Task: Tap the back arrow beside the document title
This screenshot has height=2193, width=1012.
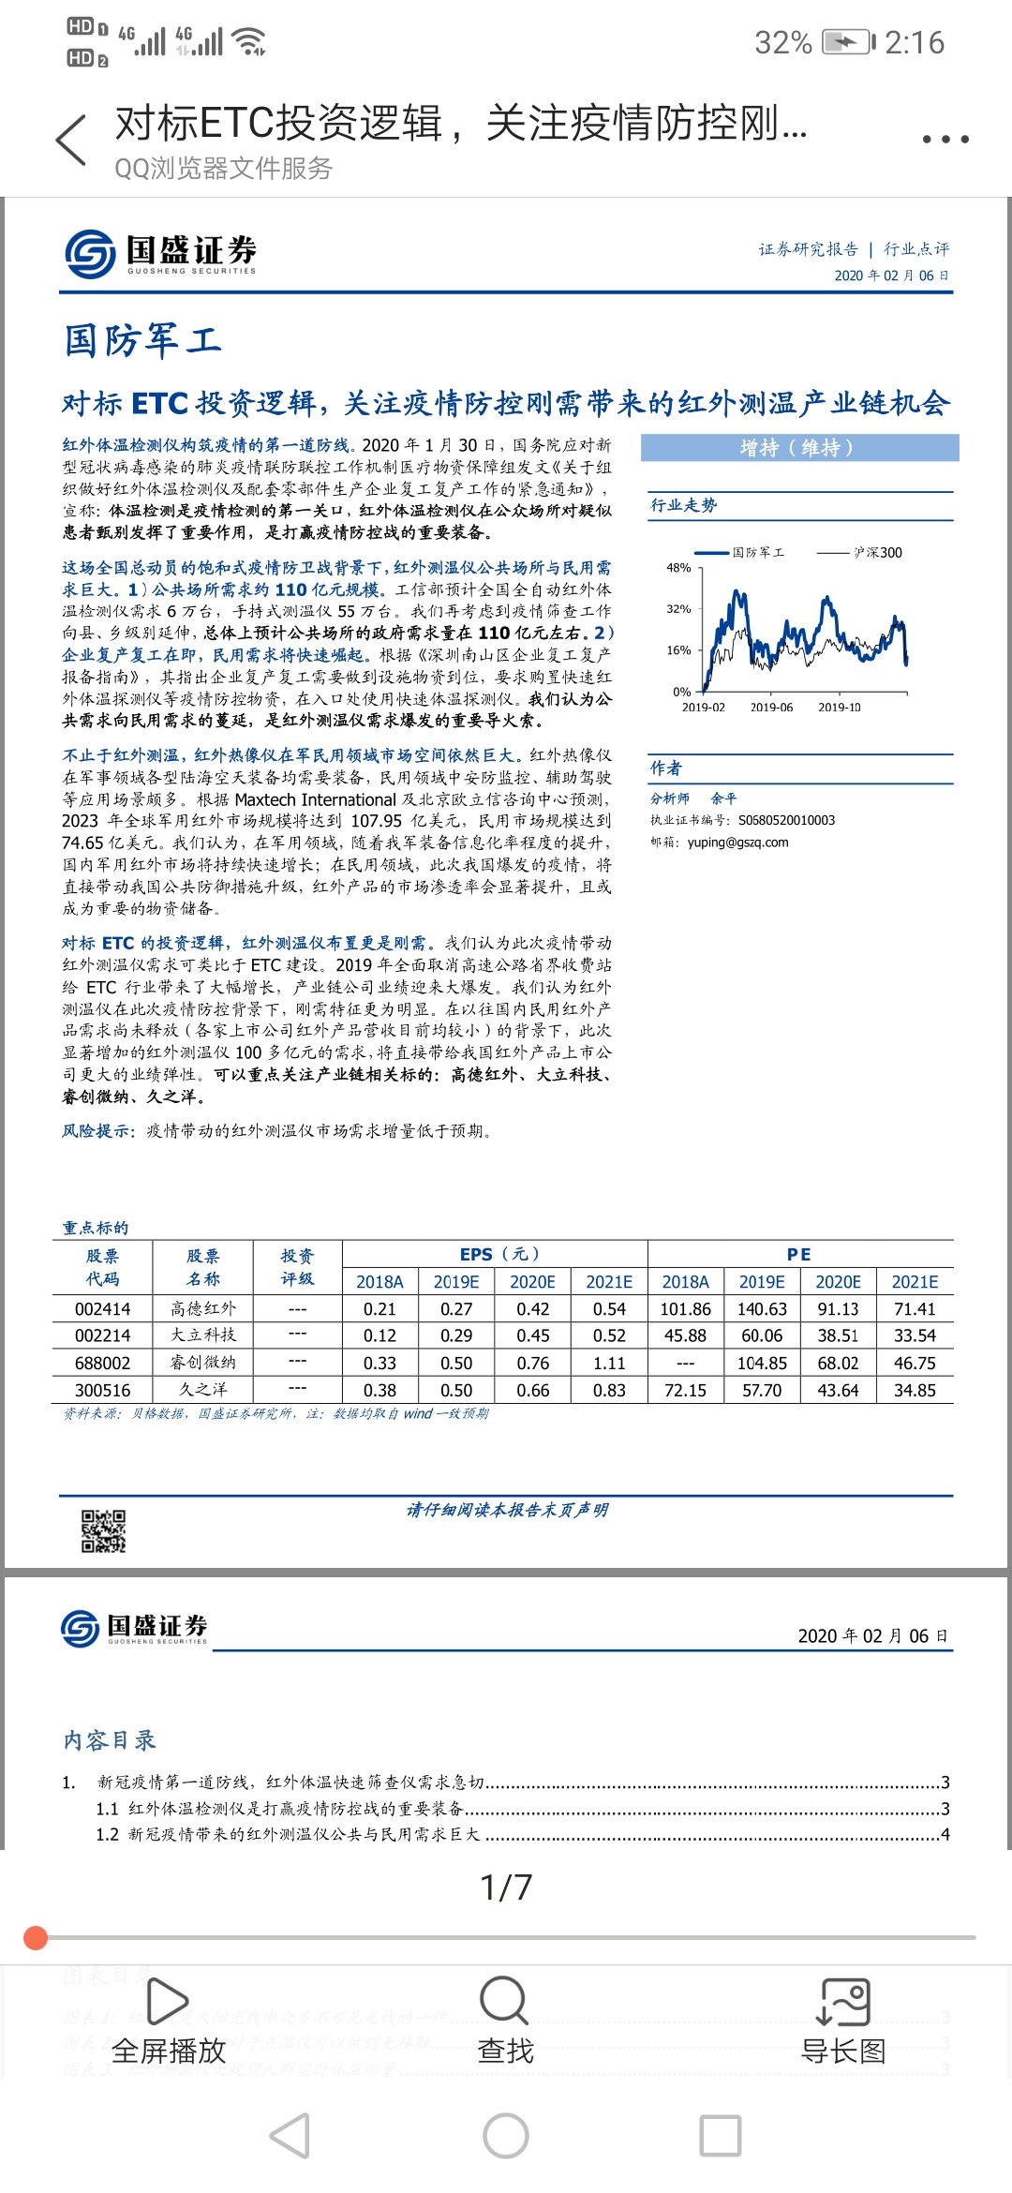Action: (71, 141)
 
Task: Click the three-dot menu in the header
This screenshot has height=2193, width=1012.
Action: (945, 139)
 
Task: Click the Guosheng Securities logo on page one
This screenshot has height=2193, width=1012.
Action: (160, 253)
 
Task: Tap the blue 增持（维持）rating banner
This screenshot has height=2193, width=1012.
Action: (799, 448)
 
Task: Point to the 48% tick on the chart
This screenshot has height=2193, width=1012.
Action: (678, 568)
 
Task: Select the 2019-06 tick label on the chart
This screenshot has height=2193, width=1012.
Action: (771, 708)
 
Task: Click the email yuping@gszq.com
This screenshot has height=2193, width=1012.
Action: (737, 843)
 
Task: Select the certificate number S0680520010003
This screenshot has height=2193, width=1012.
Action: (786, 820)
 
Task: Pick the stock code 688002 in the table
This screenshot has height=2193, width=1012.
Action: (103, 1363)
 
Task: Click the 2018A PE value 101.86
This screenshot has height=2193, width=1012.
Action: (686, 1309)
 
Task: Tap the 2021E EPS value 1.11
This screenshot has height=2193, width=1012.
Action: (609, 1363)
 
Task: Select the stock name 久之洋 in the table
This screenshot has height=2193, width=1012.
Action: (203, 1390)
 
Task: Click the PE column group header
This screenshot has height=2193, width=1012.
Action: (799, 1254)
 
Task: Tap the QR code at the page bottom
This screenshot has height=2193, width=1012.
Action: (103, 1530)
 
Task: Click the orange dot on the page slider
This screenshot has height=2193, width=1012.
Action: (36, 1937)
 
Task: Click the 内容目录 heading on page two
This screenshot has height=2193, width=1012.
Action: (110, 1740)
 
